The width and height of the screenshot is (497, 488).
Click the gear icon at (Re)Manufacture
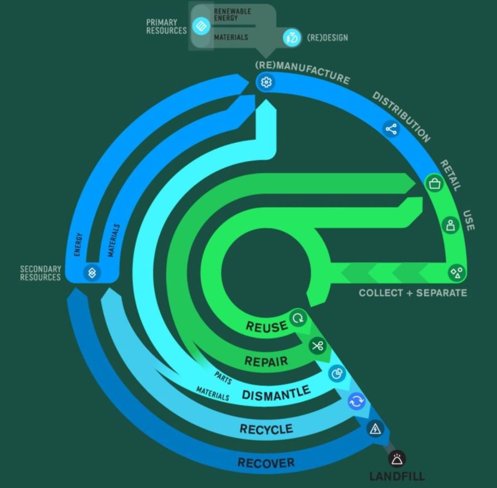(266, 82)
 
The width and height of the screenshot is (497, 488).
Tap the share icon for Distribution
(391, 129)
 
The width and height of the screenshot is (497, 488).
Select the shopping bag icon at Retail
(434, 184)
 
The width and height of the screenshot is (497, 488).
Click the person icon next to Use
(450, 225)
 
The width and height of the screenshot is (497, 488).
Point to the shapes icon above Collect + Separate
(457, 272)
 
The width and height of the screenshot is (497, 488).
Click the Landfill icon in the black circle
(397, 459)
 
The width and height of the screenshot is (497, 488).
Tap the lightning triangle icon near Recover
(375, 428)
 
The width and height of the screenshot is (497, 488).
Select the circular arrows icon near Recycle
(357, 401)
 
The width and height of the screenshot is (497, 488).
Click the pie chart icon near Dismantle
(337, 373)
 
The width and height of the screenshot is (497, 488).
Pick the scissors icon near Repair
(317, 346)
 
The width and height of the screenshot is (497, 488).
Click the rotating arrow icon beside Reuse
(298, 318)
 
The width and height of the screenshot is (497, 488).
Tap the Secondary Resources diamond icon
(92, 272)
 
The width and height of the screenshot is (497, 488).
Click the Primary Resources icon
(201, 26)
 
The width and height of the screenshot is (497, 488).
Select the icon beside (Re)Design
(292, 38)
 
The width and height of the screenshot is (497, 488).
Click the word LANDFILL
(397, 476)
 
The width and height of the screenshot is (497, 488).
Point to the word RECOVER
(266, 462)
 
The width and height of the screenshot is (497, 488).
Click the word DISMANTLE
(275, 393)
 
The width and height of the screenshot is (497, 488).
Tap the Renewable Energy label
(232, 14)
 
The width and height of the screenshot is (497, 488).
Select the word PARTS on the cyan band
(223, 378)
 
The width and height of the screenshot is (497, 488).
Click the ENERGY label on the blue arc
(78, 245)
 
